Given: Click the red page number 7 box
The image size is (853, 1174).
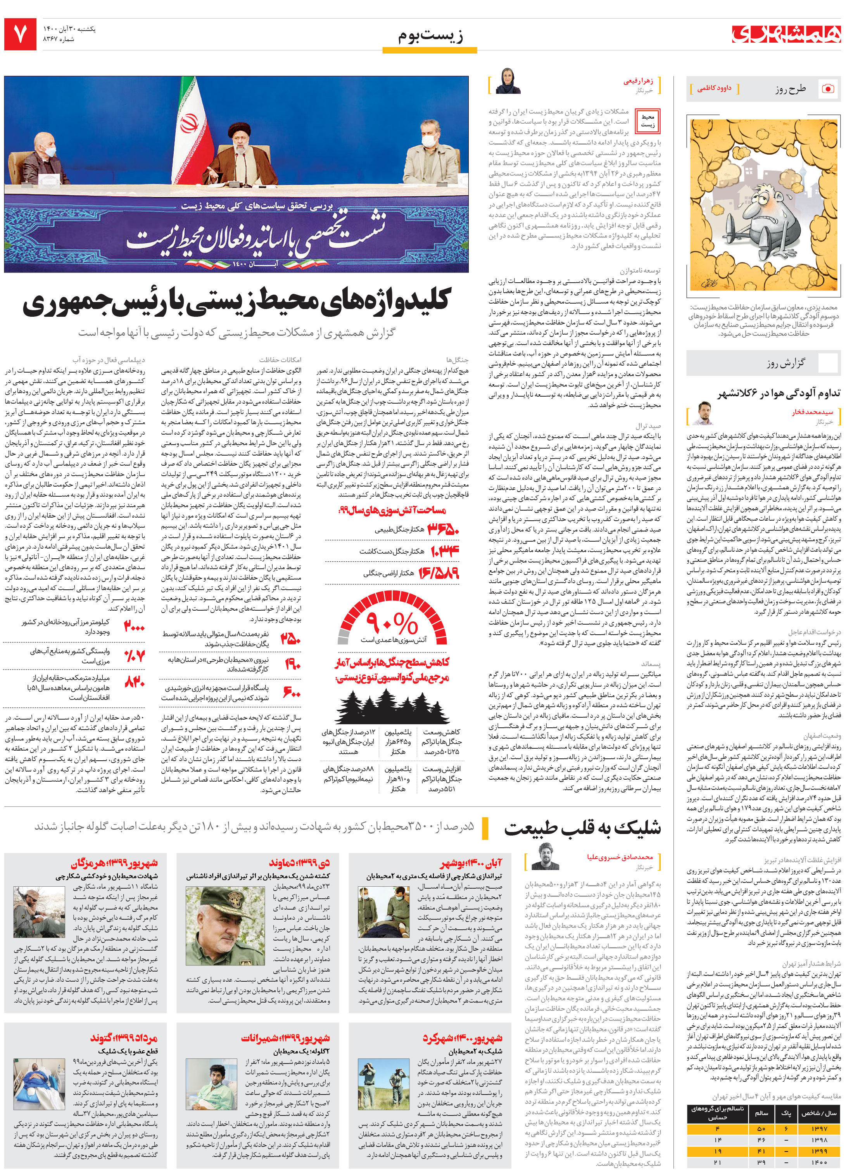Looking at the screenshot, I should click(20, 35).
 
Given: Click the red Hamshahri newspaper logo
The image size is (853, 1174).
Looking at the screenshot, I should click(786, 34).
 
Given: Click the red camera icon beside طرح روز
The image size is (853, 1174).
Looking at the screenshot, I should click(828, 89).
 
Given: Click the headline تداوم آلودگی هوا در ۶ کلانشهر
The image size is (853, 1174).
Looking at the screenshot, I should click(779, 394).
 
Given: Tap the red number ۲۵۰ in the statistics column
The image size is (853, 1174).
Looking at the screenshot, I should click(290, 639).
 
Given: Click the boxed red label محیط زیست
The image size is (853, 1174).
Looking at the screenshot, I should click(648, 121).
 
